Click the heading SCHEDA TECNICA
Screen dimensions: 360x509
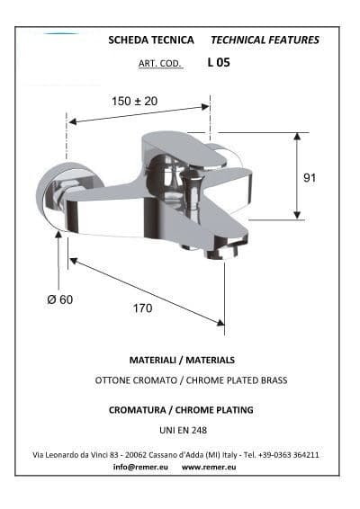(151, 40)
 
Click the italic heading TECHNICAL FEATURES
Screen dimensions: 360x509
(265, 40)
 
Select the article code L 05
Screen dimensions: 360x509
(219, 62)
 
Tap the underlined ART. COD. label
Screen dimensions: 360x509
(160, 63)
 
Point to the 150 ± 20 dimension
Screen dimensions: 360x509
(134, 101)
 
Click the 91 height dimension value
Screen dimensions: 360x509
(310, 177)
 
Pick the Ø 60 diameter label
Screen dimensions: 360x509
(60, 299)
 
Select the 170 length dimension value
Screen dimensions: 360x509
(142, 308)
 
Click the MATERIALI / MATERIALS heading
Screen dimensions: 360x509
(182, 360)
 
